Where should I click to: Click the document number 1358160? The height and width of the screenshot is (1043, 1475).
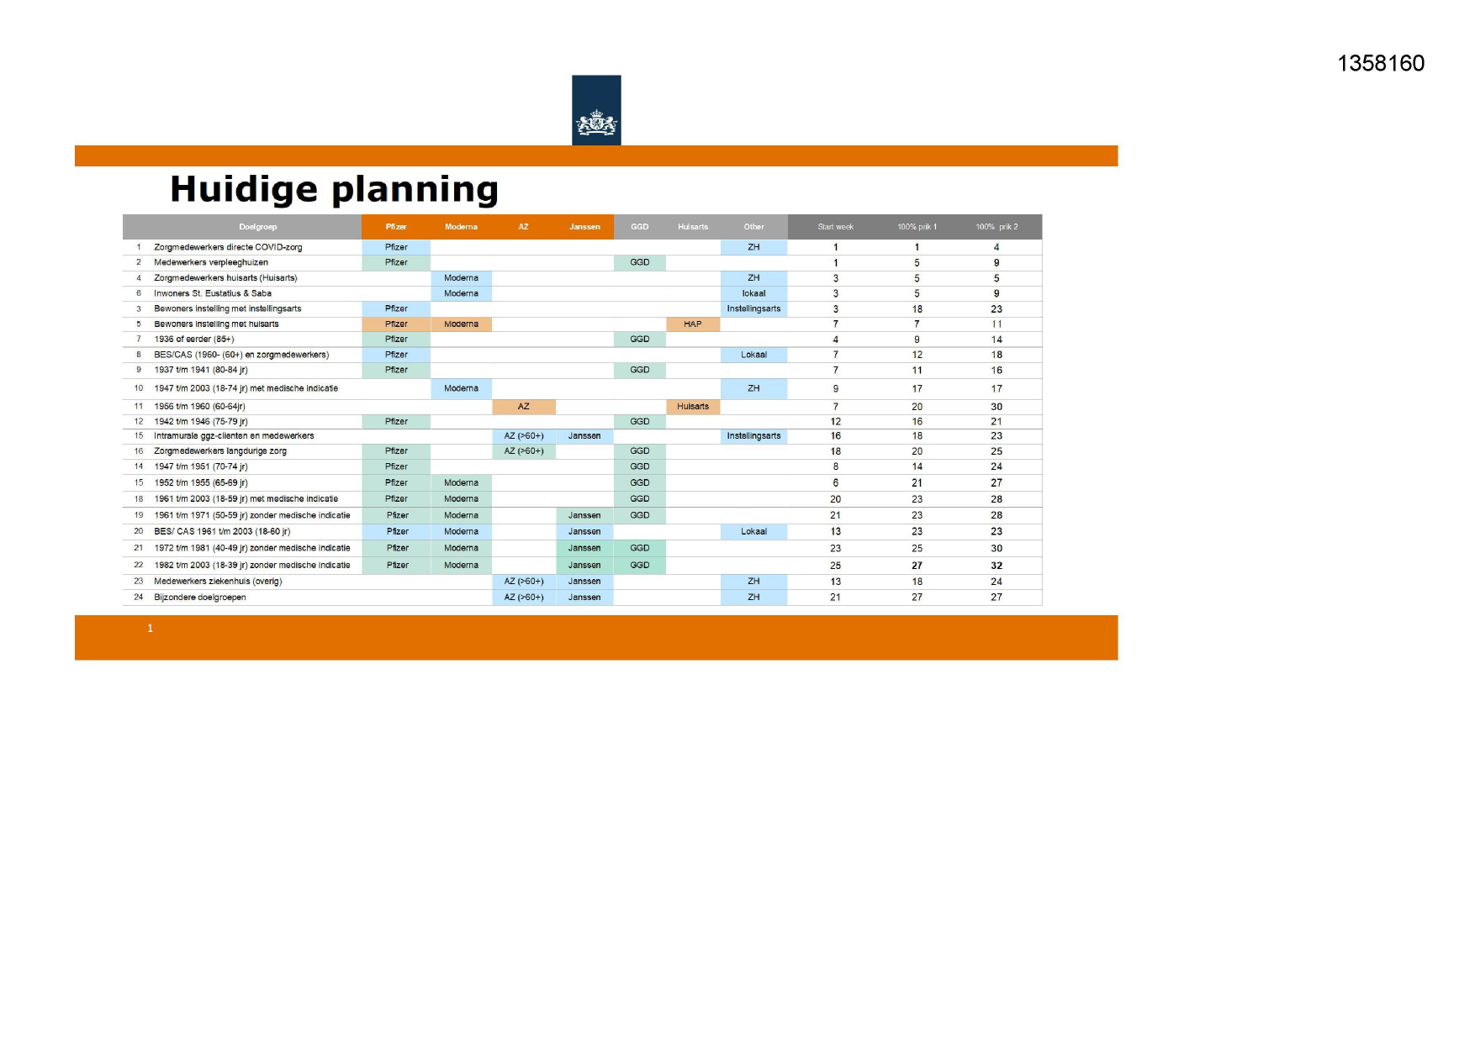(1380, 64)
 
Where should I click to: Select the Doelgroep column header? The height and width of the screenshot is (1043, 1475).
(257, 227)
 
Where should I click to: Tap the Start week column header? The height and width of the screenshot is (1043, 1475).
(835, 227)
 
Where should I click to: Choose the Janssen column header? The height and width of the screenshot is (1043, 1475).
(584, 227)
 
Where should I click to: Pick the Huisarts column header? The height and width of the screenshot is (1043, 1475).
(693, 227)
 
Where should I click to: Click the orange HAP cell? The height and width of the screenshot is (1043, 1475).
(693, 324)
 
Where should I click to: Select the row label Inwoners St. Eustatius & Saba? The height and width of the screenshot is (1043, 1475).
(213, 293)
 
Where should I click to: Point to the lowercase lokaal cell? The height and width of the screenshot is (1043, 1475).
(753, 293)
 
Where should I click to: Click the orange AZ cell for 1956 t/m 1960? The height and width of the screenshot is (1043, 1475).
(523, 407)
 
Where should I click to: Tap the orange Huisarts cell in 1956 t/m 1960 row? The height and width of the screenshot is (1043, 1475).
(693, 407)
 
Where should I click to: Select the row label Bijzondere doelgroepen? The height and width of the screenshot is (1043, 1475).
(200, 598)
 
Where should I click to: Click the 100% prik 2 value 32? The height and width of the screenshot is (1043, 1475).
(997, 566)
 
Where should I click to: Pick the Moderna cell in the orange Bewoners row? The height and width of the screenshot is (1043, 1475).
(461, 324)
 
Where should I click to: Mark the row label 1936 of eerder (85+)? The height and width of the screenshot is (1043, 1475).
(194, 340)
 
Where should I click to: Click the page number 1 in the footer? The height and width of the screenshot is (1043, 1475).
(151, 629)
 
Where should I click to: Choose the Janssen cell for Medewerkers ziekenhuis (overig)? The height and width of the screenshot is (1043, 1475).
(584, 582)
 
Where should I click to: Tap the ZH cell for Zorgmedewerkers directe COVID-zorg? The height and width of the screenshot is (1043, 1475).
(753, 247)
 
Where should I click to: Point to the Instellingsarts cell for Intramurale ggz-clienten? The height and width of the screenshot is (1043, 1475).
(753, 436)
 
